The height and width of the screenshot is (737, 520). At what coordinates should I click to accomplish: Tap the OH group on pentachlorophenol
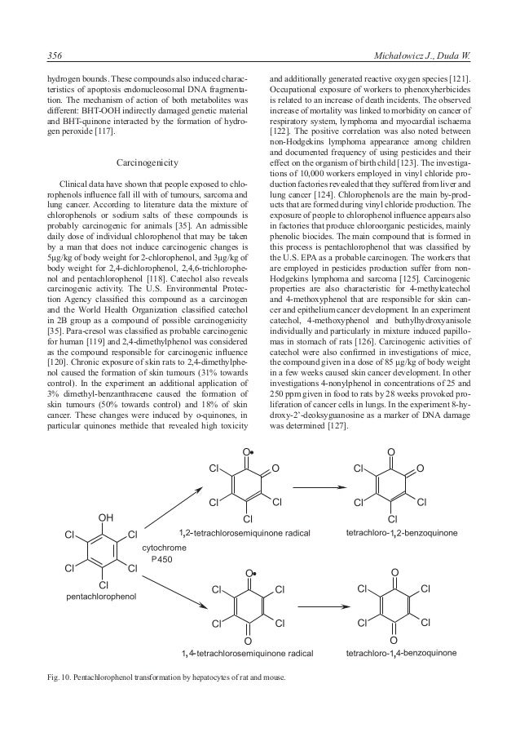tap(104, 516)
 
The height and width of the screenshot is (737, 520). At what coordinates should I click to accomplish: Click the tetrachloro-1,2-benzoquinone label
tap(400, 532)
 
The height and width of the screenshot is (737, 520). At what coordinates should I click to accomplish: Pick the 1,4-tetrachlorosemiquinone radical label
tap(247, 653)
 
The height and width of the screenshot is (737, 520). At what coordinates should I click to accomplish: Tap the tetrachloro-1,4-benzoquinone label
tap(400, 653)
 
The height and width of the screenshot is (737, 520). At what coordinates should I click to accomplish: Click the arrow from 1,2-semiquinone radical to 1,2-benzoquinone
tap(319, 488)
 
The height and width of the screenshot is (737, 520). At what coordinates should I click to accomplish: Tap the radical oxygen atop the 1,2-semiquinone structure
tap(247, 451)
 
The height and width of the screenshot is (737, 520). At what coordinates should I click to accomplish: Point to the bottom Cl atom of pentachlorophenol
tap(104, 584)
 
